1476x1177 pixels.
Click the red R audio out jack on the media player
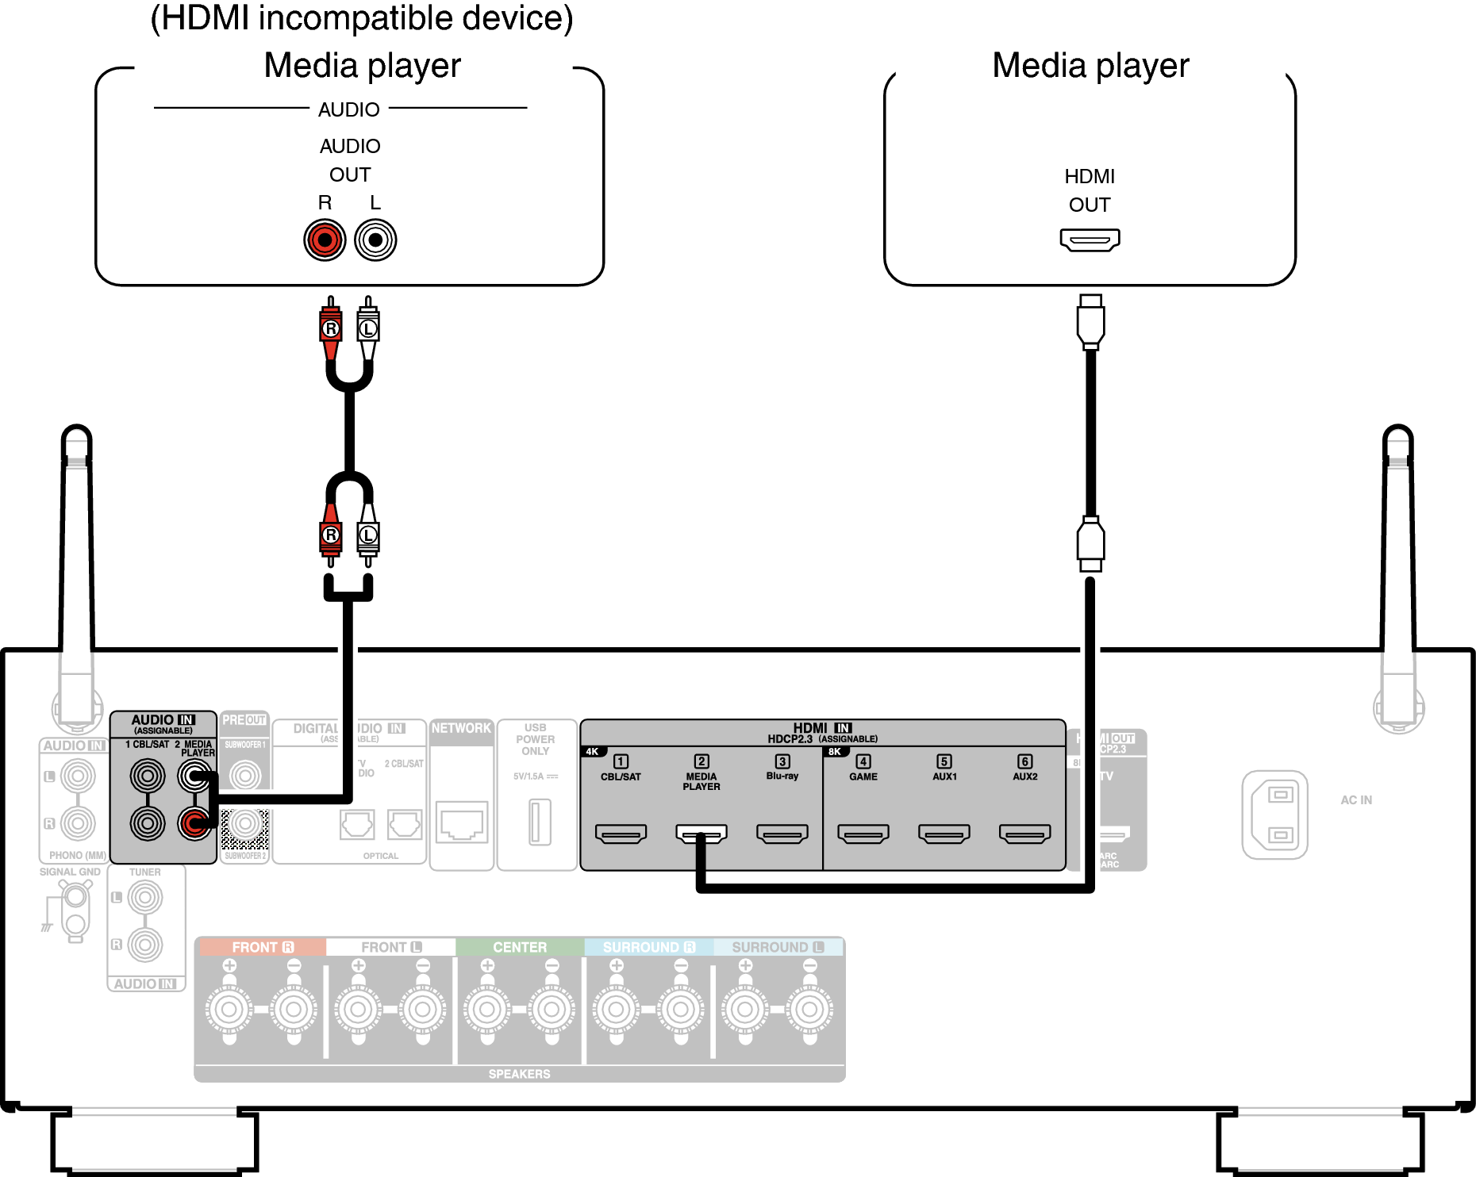pos(325,240)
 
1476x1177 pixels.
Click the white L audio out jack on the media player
pos(375,240)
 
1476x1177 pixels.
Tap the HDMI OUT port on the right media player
pos(1090,239)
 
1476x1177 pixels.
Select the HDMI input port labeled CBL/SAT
pos(621,834)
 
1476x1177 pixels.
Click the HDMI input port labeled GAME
pos(863,834)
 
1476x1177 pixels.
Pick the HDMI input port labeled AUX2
pos(1024,834)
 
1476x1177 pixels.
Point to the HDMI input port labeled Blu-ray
pos(782,834)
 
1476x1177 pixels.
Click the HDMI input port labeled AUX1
pos(944,834)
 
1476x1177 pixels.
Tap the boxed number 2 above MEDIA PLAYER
pos(701,761)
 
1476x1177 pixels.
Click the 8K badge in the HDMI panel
pos(835,751)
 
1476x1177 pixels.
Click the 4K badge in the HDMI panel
pos(593,751)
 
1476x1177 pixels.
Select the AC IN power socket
pos(1274,815)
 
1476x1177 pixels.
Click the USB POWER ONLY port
pos(540,822)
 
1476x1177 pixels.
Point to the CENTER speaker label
pos(520,947)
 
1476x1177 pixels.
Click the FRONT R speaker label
pos(262,947)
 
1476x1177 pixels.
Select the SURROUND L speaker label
pos(777,947)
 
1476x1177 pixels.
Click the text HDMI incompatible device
pos(361,17)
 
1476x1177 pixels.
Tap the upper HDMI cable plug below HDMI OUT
pos(1090,321)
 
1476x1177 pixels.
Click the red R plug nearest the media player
pos(331,328)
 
